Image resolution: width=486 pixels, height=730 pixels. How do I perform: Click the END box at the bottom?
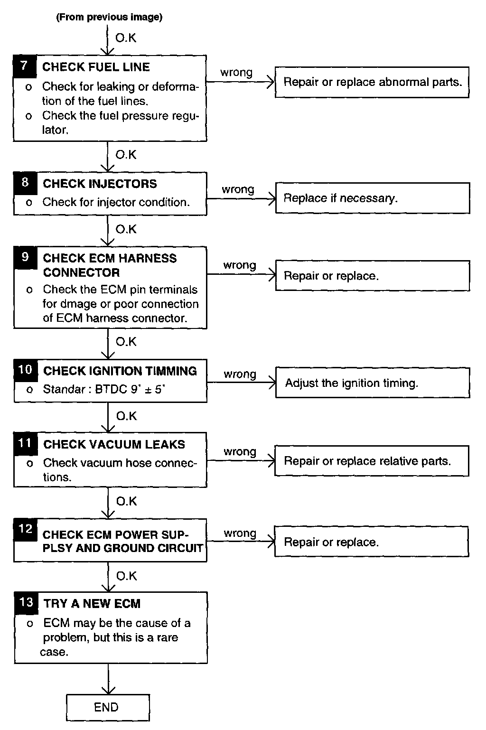107,707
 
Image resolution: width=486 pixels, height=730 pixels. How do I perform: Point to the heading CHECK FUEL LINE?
96,67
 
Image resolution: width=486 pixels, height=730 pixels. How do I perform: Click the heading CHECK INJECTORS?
100,184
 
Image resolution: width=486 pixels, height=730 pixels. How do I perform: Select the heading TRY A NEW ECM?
92,604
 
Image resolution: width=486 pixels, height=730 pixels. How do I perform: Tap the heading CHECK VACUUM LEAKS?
114,444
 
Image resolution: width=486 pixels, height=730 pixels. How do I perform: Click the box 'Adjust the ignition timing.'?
372,383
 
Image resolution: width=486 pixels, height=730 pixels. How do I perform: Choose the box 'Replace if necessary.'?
372,198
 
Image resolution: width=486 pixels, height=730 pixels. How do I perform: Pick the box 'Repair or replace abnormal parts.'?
372,82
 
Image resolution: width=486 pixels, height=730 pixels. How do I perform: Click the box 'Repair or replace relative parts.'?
372,461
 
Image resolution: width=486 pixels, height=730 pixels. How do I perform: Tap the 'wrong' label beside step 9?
240,265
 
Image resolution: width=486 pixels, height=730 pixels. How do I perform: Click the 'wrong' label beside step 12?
240,533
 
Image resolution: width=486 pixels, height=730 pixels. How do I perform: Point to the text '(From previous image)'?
109,18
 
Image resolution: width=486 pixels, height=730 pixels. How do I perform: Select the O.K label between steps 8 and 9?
126,230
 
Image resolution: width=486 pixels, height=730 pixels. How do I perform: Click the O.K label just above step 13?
126,576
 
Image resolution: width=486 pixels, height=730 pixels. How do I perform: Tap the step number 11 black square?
25,443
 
